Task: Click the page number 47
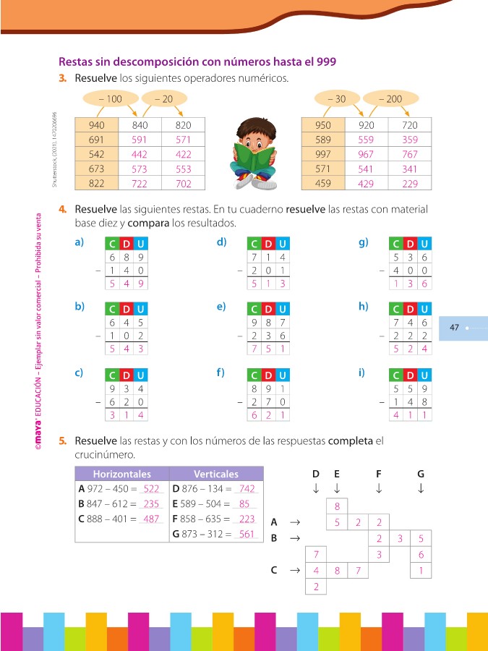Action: pos(455,328)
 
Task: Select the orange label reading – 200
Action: pos(391,98)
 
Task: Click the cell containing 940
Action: pos(97,125)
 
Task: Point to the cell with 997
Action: pos(323,154)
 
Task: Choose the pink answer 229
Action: pos(409,184)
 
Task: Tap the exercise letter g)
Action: pos(364,242)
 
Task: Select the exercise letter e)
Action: pos(221,306)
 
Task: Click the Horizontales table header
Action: pos(121,475)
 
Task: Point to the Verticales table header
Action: pos(215,475)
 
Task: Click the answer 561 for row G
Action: pos(247,535)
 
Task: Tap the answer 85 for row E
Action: pos(244,504)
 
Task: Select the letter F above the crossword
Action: pos(379,474)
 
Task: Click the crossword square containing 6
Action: pos(421,555)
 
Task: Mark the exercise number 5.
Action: pos(63,440)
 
